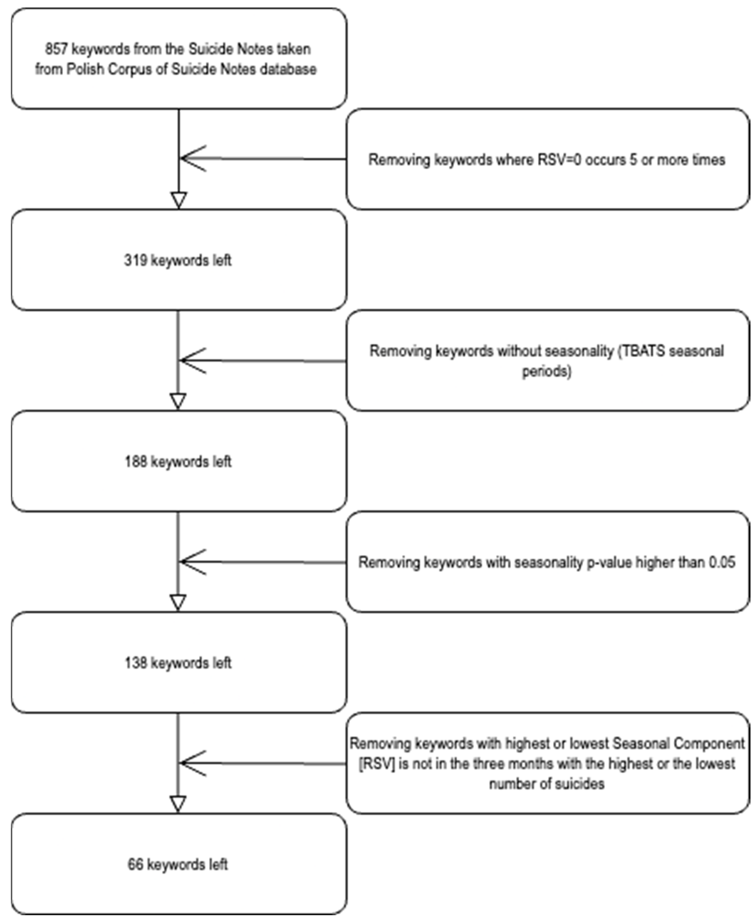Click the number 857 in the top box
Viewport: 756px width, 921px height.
[56, 49]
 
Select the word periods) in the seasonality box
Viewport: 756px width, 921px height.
[547, 371]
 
